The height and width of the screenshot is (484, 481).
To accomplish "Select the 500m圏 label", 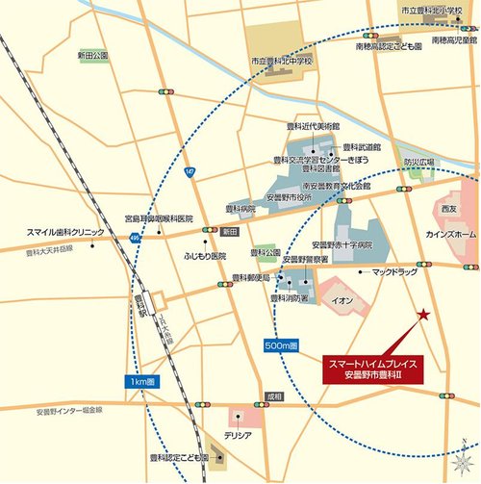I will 280,344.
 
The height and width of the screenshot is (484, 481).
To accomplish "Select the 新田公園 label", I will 91,56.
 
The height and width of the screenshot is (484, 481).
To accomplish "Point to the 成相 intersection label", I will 275,395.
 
